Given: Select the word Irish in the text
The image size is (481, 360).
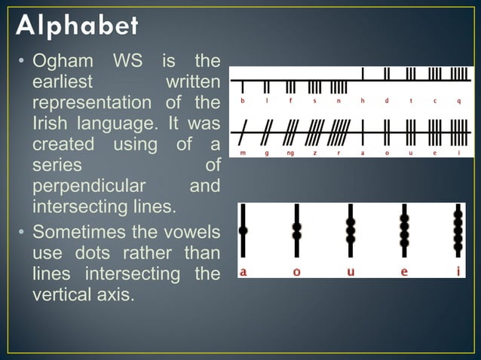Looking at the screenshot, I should pos(52,121).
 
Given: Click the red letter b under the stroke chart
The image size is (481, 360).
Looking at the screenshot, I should pos(242,100).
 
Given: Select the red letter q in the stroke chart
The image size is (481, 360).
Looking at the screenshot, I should pos(458,100).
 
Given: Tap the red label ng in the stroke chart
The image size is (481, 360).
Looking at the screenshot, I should pos(290,152).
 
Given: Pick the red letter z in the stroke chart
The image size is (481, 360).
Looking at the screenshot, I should pos(314,152).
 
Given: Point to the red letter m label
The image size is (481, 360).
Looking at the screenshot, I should pos(242,152).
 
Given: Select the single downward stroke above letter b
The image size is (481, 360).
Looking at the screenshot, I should pos(242,87).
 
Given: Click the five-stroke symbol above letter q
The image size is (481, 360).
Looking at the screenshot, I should pos(459,74).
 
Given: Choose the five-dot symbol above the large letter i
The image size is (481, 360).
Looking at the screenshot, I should pos(458,231).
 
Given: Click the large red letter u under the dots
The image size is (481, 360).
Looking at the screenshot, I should pos(351,271).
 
